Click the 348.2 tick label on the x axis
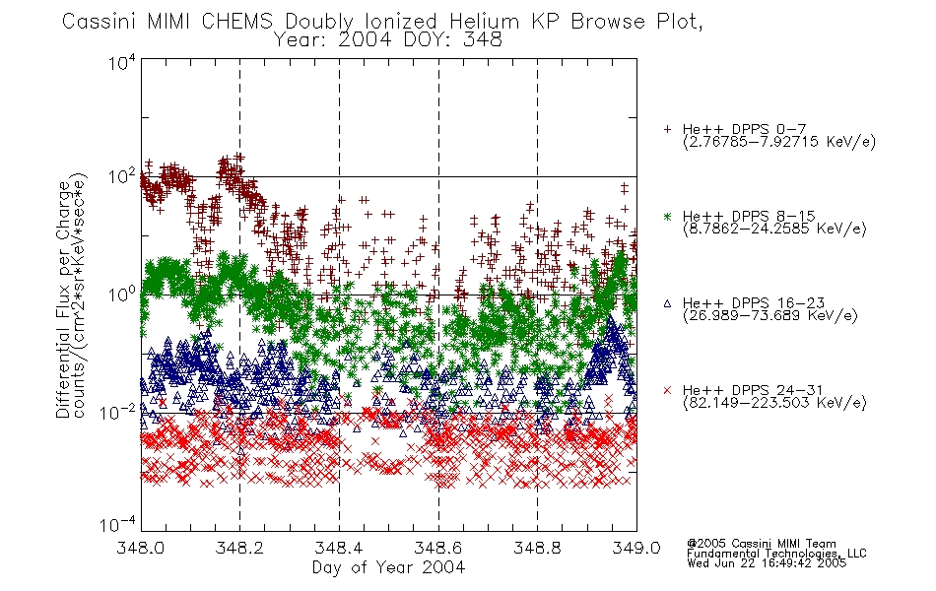(x=239, y=548)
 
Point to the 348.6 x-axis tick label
(x=438, y=548)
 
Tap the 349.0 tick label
(x=636, y=548)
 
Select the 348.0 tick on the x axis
(x=140, y=548)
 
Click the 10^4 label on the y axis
(x=122, y=62)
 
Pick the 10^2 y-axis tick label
(x=122, y=176)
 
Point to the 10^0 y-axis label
(x=122, y=295)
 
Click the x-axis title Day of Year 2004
(x=388, y=567)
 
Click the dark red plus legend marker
(x=667, y=129)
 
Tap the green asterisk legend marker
(x=667, y=216)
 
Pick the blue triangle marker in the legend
(x=667, y=303)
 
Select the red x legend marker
(x=667, y=390)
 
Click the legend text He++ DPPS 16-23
(x=754, y=302)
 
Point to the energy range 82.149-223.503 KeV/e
(x=774, y=403)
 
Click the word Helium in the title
(x=484, y=22)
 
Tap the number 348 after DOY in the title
(x=484, y=40)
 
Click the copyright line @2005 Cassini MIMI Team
(x=761, y=544)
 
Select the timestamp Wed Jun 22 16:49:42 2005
(x=767, y=563)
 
